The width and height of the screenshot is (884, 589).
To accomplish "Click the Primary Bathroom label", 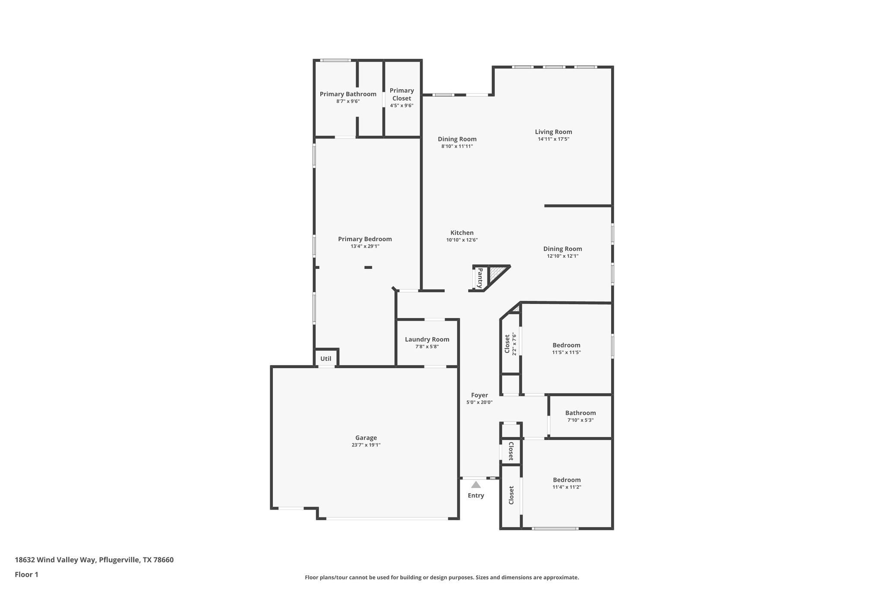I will pyautogui.click(x=348, y=94).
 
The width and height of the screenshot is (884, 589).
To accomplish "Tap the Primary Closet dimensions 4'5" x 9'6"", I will pyautogui.click(x=401, y=106).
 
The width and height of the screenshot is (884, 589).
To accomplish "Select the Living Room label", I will pyautogui.click(x=553, y=132).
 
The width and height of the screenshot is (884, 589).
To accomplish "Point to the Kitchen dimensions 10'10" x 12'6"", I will pyautogui.click(x=462, y=240).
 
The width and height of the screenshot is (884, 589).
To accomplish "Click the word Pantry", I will pyautogui.click(x=480, y=278).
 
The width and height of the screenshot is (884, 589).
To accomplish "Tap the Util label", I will pyautogui.click(x=326, y=359).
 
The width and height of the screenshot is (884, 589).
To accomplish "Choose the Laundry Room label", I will pyautogui.click(x=427, y=340).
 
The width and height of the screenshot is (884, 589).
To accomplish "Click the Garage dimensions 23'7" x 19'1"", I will pyautogui.click(x=366, y=445).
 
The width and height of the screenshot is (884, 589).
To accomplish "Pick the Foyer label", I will pyautogui.click(x=479, y=395).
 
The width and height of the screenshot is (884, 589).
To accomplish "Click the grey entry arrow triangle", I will pyautogui.click(x=476, y=485).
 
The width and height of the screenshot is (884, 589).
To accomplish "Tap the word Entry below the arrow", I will pyautogui.click(x=476, y=495).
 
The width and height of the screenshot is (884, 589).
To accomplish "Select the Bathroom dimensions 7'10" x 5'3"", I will pyautogui.click(x=580, y=420).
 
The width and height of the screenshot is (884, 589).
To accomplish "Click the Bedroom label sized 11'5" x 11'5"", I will pyautogui.click(x=566, y=345).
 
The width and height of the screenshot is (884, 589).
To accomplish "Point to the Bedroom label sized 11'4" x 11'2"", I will pyautogui.click(x=567, y=480).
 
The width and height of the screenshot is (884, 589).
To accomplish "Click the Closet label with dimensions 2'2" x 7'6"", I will pyautogui.click(x=507, y=343).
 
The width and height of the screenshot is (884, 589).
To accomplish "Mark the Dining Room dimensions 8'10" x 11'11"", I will pyautogui.click(x=457, y=146).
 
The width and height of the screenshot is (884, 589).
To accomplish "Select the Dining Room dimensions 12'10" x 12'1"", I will pyautogui.click(x=562, y=256).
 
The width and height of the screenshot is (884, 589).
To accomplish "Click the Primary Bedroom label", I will pyautogui.click(x=365, y=239).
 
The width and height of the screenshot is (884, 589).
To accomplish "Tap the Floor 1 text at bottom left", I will pyautogui.click(x=27, y=574).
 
